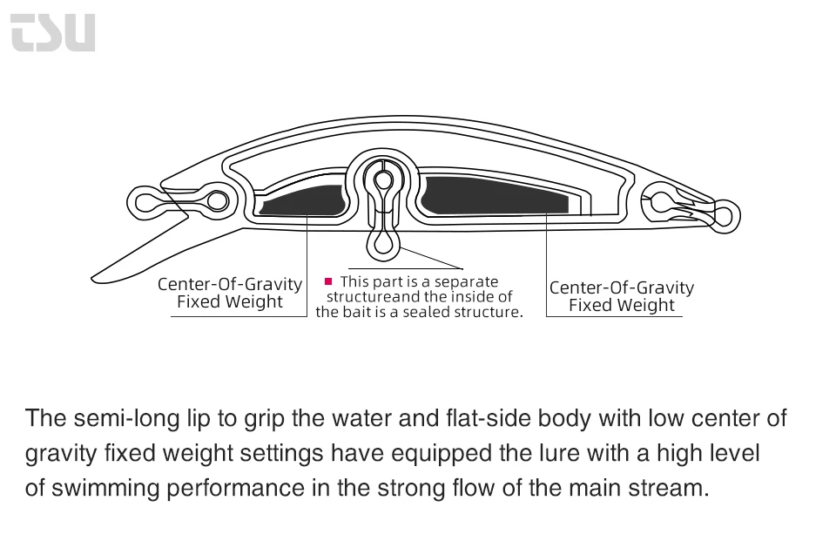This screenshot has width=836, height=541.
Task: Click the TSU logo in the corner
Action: [x=53, y=32]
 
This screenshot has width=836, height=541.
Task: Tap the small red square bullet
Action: [x=328, y=281]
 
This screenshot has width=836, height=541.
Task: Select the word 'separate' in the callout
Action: [x=466, y=281]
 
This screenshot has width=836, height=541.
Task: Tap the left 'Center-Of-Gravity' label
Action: [x=230, y=285]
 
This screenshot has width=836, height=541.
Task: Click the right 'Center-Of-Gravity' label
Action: [x=622, y=287]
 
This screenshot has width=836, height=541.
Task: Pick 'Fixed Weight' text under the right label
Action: [x=622, y=306]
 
